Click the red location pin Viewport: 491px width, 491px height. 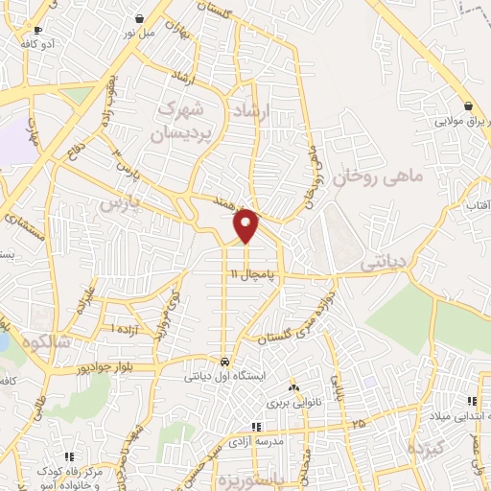(246, 225)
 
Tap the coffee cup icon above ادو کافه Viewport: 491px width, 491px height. (38, 30)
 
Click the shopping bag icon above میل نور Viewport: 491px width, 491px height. (140, 17)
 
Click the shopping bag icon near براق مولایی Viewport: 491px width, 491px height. (468, 106)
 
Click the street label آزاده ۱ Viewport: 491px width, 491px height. (125, 329)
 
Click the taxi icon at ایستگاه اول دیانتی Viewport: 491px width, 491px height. (223, 362)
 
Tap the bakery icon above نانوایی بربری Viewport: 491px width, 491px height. (293, 388)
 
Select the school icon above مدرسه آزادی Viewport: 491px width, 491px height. (255, 427)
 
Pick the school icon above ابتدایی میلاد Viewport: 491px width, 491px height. (470, 401)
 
